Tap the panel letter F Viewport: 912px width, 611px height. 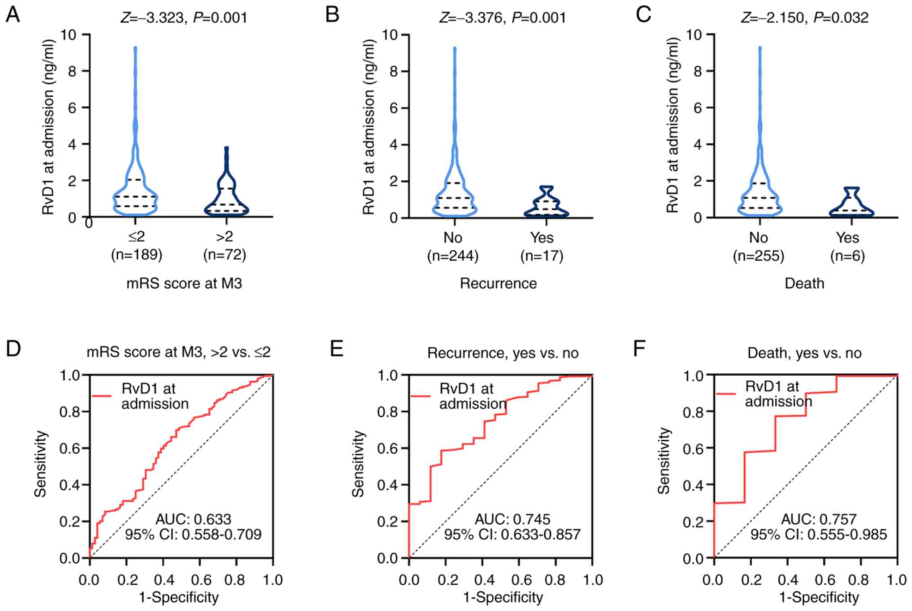639,349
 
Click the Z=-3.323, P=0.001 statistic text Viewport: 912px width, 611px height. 184,18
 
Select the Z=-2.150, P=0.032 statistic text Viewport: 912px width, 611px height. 805,18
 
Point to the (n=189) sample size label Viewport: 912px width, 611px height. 136,255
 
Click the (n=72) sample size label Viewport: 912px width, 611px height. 224,255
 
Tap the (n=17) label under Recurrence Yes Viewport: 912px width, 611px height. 542,256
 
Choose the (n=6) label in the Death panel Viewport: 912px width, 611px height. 847,256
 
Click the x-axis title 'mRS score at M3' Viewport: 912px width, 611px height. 184,284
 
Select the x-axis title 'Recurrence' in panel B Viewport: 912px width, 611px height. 498,284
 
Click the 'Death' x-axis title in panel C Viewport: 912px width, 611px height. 804,284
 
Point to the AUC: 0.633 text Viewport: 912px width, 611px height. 193,519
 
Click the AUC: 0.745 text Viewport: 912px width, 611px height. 513,519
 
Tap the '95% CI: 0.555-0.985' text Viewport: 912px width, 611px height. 819,534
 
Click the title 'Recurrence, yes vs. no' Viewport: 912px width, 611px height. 503,353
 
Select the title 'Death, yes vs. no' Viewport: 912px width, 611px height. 804,353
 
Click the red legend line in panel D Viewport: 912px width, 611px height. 101,396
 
